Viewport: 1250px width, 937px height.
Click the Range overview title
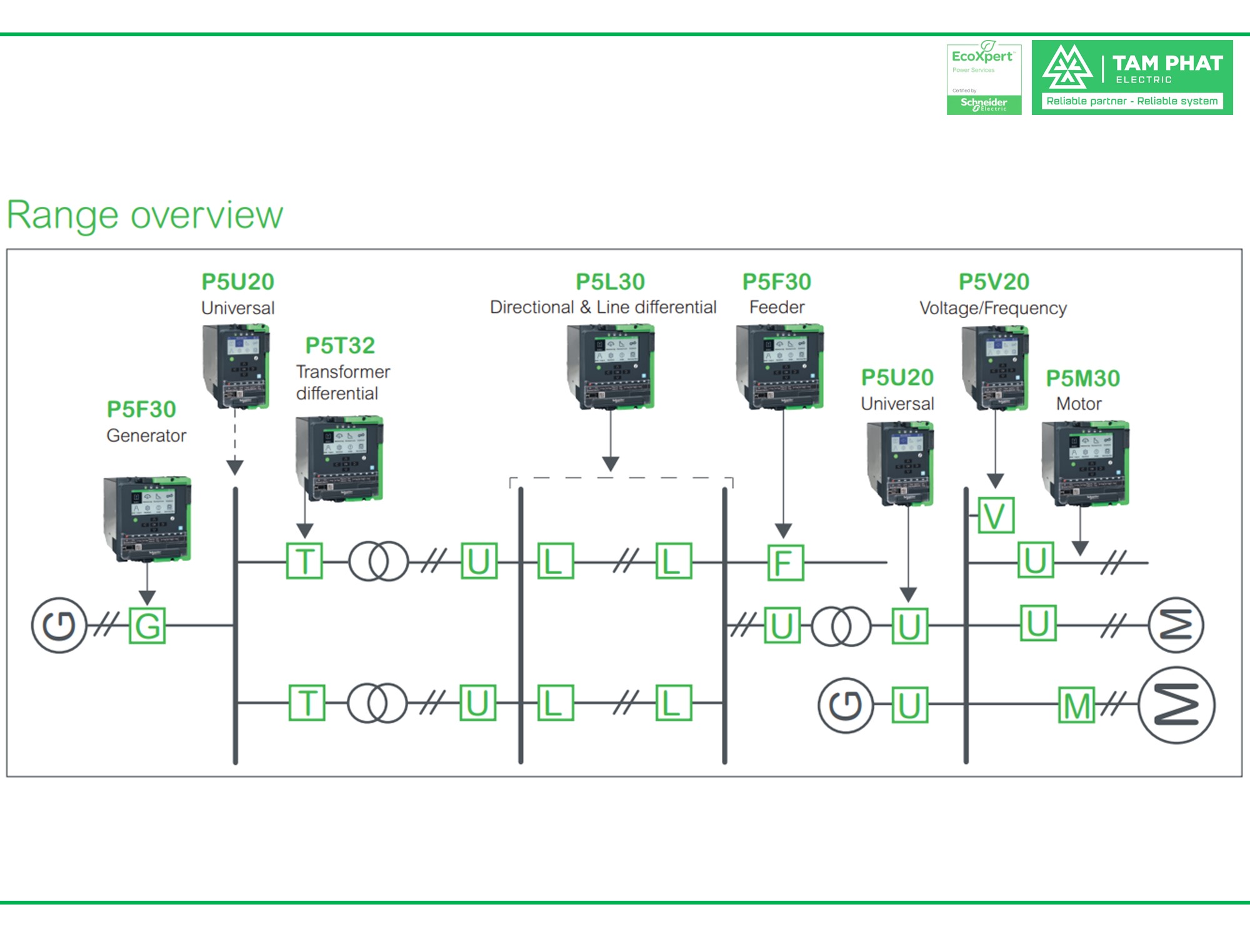[x=144, y=216]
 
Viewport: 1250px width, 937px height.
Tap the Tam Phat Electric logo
[x=1132, y=77]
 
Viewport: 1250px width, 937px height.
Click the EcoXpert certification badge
[x=984, y=79]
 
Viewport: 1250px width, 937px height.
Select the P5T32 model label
[x=340, y=345]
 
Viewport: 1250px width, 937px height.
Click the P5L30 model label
[x=610, y=282]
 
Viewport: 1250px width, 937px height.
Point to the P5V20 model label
[x=994, y=282]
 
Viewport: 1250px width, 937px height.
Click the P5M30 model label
[x=1082, y=378]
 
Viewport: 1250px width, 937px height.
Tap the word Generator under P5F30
[x=146, y=435]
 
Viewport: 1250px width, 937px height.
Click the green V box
[x=996, y=515]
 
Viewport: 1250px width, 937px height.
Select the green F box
[x=785, y=562]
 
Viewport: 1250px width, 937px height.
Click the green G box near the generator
[x=147, y=625]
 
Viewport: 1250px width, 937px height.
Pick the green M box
[x=1076, y=706]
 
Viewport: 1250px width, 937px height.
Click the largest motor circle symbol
[x=1176, y=705]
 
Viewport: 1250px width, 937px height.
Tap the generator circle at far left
[x=59, y=625]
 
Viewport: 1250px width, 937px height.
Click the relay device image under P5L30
[x=611, y=366]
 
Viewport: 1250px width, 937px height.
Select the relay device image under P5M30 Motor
[x=1086, y=463]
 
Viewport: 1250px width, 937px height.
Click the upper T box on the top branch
[x=304, y=561]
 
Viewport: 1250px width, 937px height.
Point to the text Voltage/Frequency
[x=992, y=308]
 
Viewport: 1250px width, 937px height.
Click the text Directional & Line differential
[x=602, y=307]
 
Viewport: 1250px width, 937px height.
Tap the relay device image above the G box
[x=147, y=519]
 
